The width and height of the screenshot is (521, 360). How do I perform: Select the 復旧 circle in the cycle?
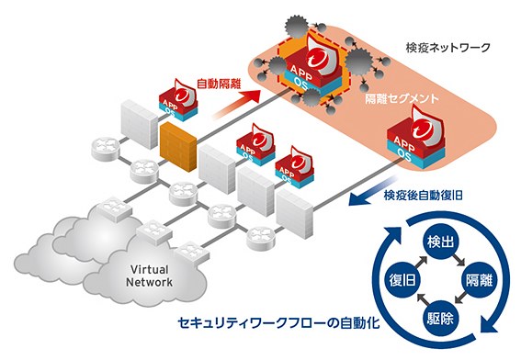[392, 278]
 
